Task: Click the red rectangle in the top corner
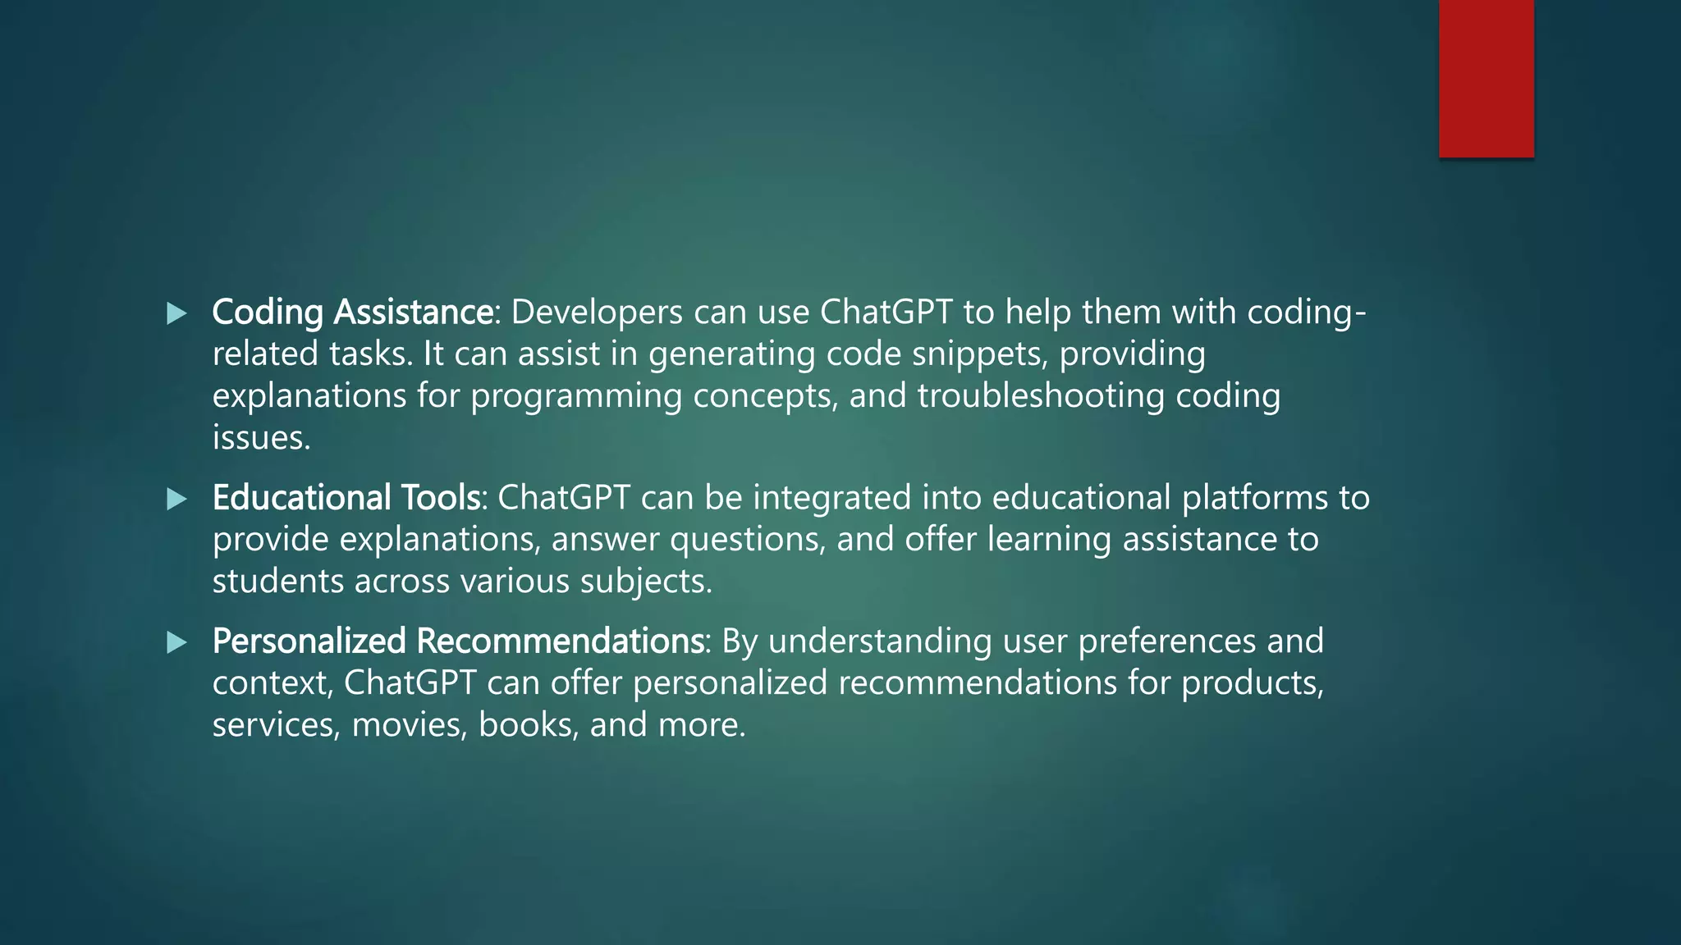1486,78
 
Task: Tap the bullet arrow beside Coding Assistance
176,313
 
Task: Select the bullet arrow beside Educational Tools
176,499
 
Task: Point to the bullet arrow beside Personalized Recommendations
176,642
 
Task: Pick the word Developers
597,313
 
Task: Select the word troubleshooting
1041,396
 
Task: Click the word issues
261,438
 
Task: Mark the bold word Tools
440,498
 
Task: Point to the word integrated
831,498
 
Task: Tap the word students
277,582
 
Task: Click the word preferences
1166,641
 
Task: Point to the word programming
576,396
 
